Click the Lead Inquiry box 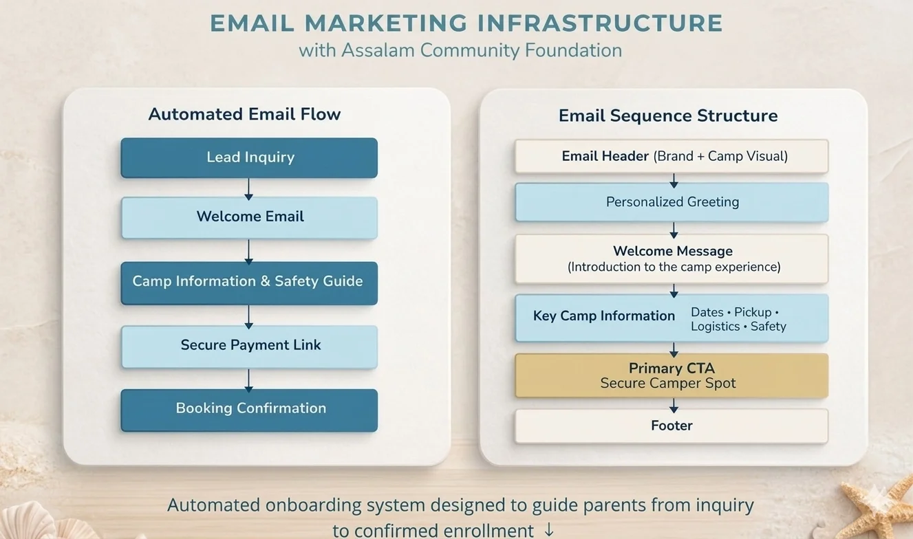point(249,157)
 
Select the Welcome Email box point(249,217)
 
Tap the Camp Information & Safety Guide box point(249,282)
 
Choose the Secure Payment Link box point(249,346)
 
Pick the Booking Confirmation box point(249,409)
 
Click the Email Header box point(671,157)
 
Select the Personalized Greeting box point(671,202)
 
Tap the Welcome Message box point(671,258)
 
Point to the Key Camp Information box point(671,318)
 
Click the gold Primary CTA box point(671,375)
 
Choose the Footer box point(671,426)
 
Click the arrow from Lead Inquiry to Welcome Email point(249,188)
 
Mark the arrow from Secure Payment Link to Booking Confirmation point(249,379)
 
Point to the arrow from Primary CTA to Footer point(674,404)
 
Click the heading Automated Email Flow point(244,114)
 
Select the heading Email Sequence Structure point(667,115)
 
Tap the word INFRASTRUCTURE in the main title point(599,23)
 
